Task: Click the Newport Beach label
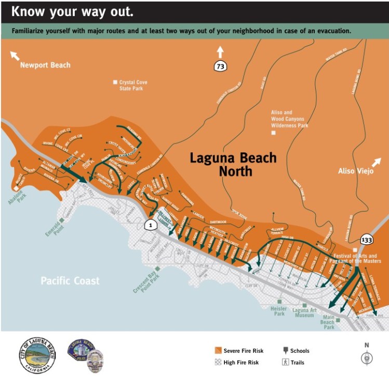click(45, 65)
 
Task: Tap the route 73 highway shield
click(220, 66)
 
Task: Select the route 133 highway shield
click(366, 239)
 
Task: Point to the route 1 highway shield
click(151, 225)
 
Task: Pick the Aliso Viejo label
click(355, 171)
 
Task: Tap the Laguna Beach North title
click(233, 164)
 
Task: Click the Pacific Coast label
click(70, 281)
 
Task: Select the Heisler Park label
click(278, 311)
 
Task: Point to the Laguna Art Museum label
click(303, 312)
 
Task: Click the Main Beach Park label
click(329, 322)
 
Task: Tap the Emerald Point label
click(53, 228)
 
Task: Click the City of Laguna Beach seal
click(37, 355)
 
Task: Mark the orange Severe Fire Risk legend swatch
click(218, 351)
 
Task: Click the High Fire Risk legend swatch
click(218, 362)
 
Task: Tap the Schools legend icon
click(285, 351)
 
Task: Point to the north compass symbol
click(367, 358)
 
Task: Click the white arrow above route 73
click(220, 52)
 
